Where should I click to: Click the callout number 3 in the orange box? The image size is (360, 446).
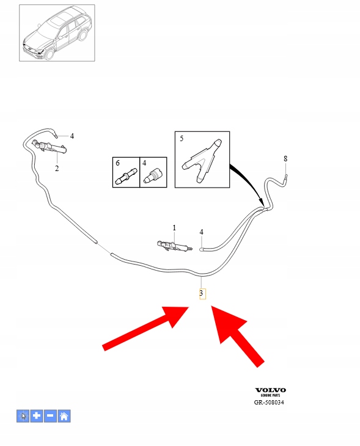click(x=202, y=293)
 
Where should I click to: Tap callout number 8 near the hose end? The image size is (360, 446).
click(x=285, y=158)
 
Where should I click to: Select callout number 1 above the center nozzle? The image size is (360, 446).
click(x=174, y=228)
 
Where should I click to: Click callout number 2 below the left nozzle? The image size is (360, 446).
click(x=57, y=169)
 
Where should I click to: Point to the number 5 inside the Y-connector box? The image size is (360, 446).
click(x=182, y=139)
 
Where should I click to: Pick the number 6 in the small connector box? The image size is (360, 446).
click(x=117, y=163)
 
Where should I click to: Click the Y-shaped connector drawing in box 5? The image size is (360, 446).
click(x=202, y=161)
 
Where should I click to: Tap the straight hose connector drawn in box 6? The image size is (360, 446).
click(x=126, y=177)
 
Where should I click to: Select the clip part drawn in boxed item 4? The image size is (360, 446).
click(x=153, y=176)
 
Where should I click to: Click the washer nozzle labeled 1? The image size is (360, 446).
click(x=174, y=247)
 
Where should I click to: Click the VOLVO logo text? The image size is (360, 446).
click(x=270, y=390)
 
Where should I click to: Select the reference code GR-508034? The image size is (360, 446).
click(x=269, y=402)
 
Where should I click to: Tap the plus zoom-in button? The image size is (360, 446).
click(x=37, y=416)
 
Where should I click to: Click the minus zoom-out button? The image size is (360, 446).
click(x=50, y=416)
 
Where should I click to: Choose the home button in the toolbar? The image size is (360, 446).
click(x=64, y=416)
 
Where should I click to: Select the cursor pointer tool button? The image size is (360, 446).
click(x=23, y=416)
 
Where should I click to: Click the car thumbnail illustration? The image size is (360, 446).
click(x=57, y=33)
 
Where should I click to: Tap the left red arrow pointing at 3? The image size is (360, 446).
click(x=145, y=329)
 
